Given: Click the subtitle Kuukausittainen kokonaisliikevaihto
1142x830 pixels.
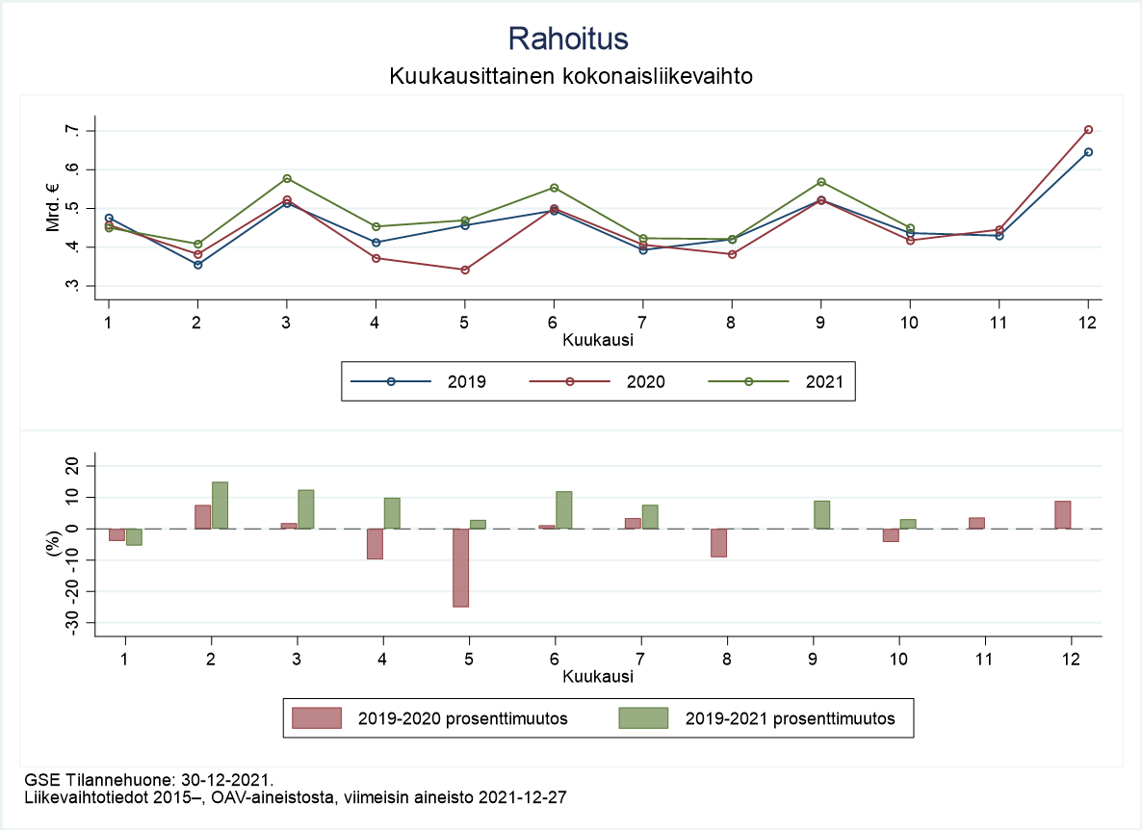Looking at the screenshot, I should point(570,75).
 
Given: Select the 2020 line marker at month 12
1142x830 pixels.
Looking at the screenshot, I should point(1088,129).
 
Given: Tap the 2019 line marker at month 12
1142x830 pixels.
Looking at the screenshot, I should point(1088,152).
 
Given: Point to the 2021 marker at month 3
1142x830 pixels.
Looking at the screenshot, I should point(287,178).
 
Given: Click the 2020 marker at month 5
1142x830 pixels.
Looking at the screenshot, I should point(465,270).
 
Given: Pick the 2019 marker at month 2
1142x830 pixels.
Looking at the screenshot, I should point(197,264).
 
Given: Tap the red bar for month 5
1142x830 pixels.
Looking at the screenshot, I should point(461,567).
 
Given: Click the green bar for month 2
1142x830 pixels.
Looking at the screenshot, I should point(220,505).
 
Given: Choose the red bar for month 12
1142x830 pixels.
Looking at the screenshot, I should point(1062,514).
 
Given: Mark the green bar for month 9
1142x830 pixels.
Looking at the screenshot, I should point(821,514).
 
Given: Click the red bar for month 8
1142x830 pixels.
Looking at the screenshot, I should point(718,542).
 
